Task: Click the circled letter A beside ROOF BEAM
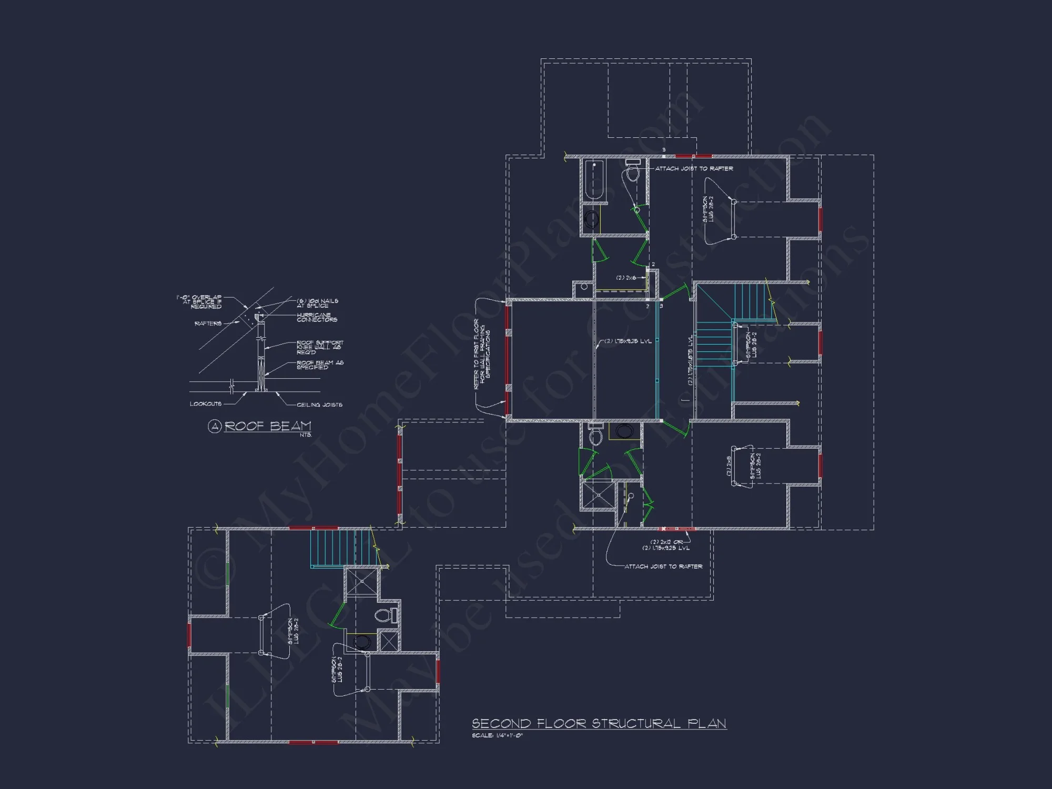(x=214, y=426)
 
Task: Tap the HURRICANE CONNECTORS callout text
(x=317, y=317)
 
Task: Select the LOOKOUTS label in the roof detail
(x=206, y=404)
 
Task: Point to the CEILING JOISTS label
(x=319, y=404)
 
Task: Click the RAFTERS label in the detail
(x=208, y=323)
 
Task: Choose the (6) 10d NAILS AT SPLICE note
(x=317, y=303)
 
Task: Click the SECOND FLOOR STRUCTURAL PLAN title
(x=599, y=724)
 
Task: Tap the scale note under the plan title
(x=497, y=735)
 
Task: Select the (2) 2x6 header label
(x=626, y=278)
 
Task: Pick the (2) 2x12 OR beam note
(x=666, y=542)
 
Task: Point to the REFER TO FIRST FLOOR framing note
(x=482, y=353)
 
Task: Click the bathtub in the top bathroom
(x=594, y=180)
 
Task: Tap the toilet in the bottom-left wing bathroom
(x=385, y=615)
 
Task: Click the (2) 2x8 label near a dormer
(x=729, y=466)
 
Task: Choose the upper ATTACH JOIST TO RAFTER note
(x=694, y=169)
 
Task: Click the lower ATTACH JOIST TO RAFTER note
(x=663, y=567)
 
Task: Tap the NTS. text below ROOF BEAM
(x=306, y=435)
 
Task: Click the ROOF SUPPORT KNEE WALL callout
(x=319, y=347)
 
